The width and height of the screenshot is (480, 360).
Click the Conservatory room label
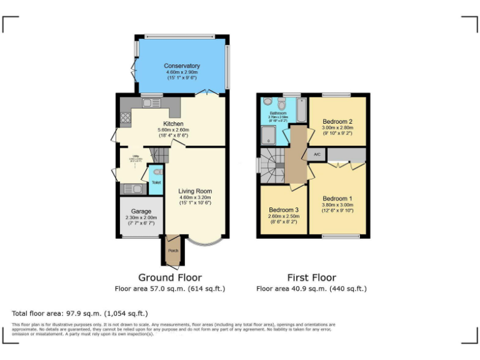(x=182, y=66)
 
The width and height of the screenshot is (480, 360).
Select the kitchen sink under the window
(x=150, y=103)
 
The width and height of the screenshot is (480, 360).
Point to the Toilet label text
(x=156, y=182)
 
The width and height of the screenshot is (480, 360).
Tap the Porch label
(x=172, y=251)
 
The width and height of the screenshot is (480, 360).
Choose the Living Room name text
(x=195, y=191)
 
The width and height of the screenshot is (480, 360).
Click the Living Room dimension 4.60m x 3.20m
(x=195, y=197)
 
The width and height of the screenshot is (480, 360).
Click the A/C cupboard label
(x=317, y=154)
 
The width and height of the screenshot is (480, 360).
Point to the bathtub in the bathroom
(x=301, y=110)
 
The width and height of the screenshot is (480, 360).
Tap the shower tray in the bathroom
(x=269, y=134)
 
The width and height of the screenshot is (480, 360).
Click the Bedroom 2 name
(x=337, y=121)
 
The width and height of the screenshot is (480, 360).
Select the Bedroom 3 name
(x=284, y=209)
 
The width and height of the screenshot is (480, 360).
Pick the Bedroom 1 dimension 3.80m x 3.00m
(x=337, y=205)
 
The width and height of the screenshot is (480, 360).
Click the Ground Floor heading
(x=169, y=277)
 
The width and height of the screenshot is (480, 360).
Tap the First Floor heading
(x=311, y=277)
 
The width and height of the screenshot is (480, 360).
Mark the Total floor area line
(x=80, y=313)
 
